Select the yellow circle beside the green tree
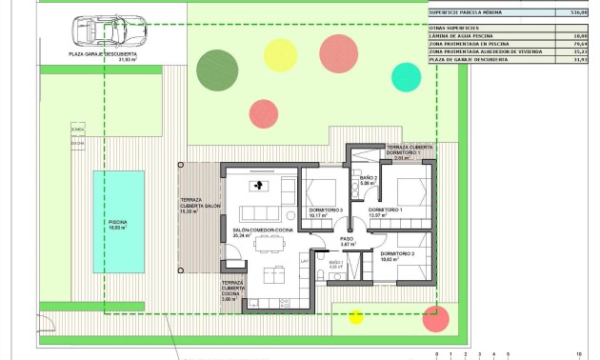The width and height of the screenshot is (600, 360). click(280, 55)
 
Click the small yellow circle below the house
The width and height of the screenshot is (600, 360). click(356, 316)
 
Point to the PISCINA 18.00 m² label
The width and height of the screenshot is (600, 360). click(118, 225)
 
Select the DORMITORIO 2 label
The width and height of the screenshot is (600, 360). click(398, 254)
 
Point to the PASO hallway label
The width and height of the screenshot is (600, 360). click(348, 242)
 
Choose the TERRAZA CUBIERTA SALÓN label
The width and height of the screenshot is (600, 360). click(200, 205)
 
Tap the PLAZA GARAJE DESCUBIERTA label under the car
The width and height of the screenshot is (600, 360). click(102, 56)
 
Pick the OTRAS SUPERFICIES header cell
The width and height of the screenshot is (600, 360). click(453, 29)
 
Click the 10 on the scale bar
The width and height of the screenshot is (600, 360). click(579, 354)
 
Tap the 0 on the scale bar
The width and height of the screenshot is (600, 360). click(437, 354)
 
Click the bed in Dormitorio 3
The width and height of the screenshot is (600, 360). click(324, 187)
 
